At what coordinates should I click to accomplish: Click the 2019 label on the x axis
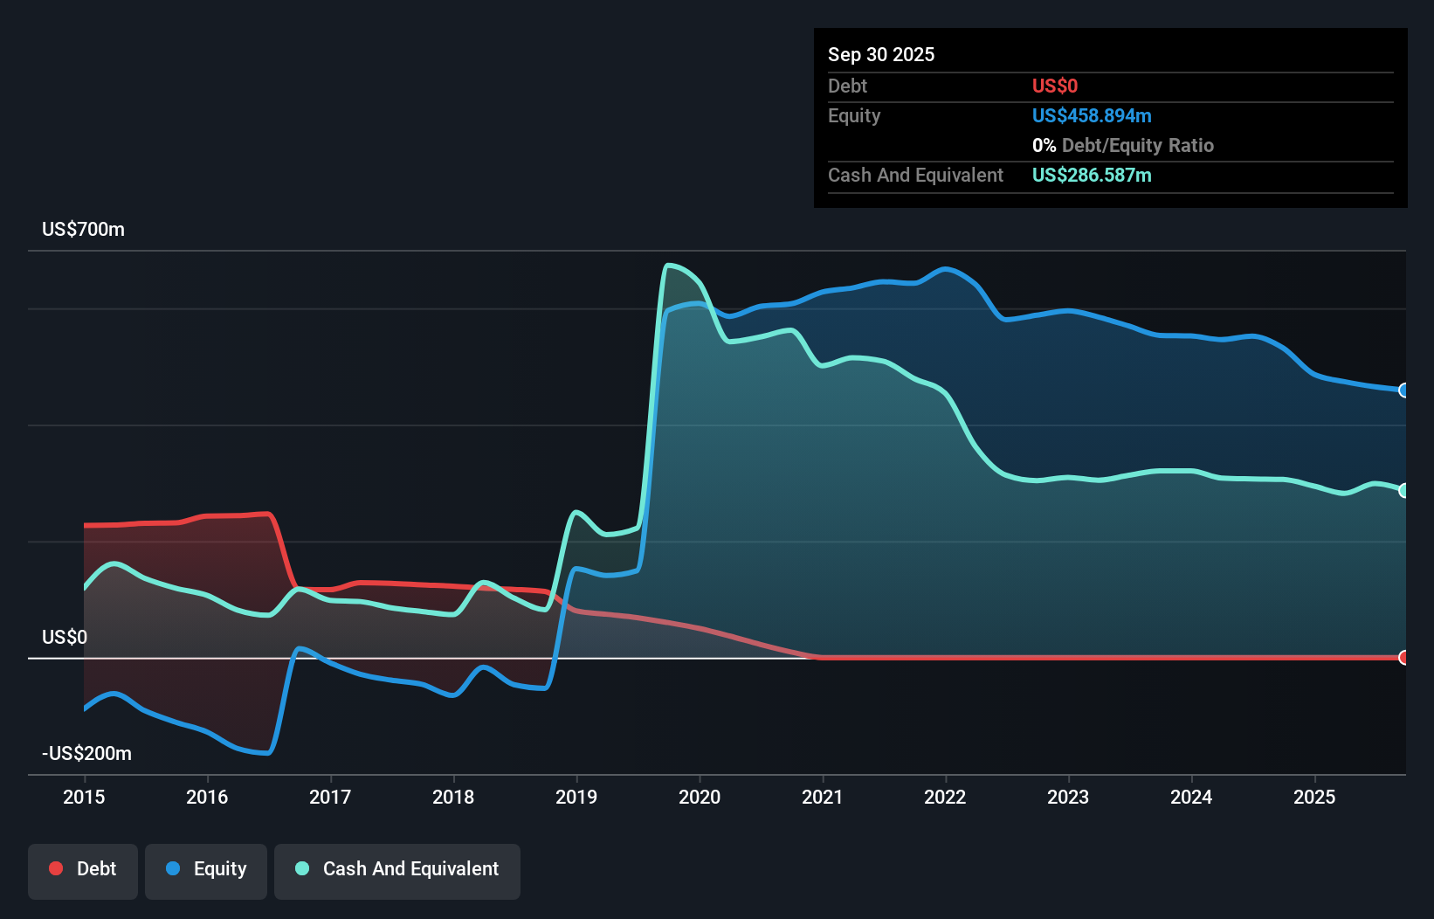(576, 797)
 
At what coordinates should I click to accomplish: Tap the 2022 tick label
(945, 797)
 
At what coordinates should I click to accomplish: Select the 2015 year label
(84, 797)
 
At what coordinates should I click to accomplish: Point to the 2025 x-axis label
(1314, 797)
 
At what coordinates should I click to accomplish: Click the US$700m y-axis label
(83, 230)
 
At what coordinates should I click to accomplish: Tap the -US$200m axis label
(86, 753)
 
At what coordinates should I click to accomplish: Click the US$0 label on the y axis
(65, 637)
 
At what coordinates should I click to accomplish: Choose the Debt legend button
(83, 869)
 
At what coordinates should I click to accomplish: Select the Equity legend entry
(206, 869)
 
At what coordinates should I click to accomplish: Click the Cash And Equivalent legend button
(397, 869)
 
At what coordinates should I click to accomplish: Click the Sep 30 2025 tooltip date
(880, 54)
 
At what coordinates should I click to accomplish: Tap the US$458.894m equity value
(1091, 115)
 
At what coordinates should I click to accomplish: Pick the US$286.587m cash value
(1091, 175)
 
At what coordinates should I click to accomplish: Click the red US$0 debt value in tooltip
(1054, 86)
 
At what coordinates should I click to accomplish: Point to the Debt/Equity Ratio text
(1137, 145)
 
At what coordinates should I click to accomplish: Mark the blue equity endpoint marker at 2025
(1403, 390)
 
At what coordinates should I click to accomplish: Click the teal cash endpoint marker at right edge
(1403, 491)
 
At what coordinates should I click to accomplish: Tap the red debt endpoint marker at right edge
(1403, 658)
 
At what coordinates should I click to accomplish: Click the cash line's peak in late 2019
(669, 266)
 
